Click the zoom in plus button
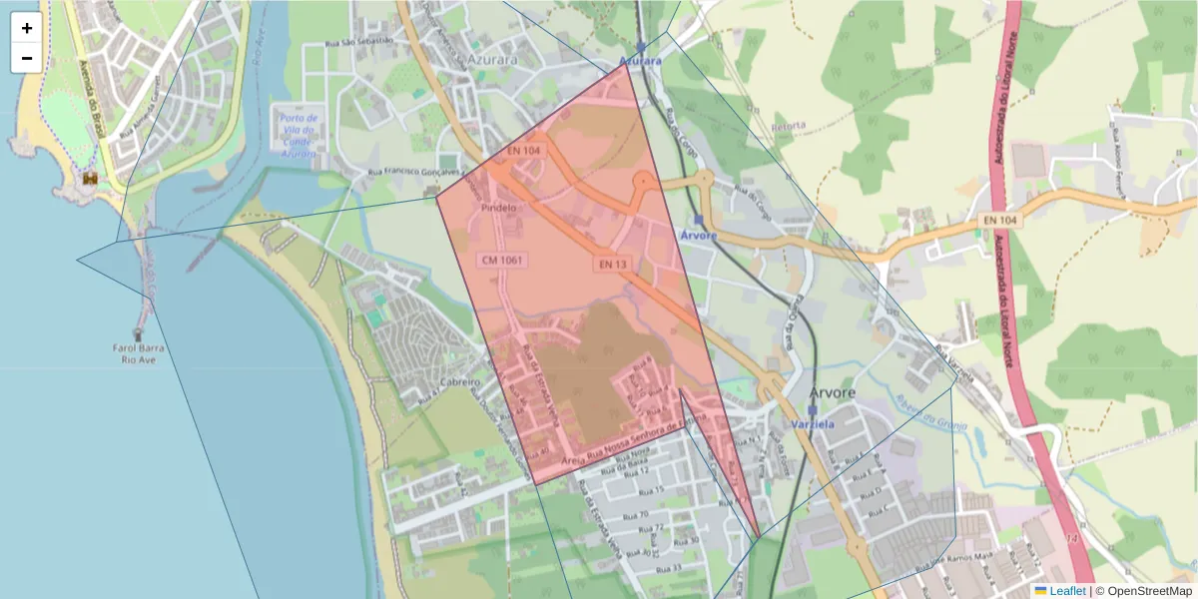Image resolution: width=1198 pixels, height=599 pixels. pyautogui.click(x=27, y=28)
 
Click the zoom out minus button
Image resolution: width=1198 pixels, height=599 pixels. pyautogui.click(x=27, y=58)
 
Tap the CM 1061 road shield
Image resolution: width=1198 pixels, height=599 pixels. pyautogui.click(x=503, y=260)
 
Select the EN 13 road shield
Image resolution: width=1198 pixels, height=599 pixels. pyautogui.click(x=613, y=264)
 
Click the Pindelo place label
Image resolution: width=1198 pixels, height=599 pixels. pyautogui.click(x=499, y=208)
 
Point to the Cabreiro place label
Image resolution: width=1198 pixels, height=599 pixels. pyautogui.click(x=460, y=382)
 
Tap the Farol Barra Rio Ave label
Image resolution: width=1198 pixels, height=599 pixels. pyautogui.click(x=138, y=353)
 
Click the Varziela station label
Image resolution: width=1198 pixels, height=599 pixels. pyautogui.click(x=813, y=424)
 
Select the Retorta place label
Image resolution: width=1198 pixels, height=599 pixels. pyautogui.click(x=789, y=126)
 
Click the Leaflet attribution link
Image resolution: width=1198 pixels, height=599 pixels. pyautogui.click(x=1067, y=591)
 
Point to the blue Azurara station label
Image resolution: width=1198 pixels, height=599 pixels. pyautogui.click(x=640, y=62)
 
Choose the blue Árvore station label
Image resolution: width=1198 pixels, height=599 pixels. pyautogui.click(x=698, y=236)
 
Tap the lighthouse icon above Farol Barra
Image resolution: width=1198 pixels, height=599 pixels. pyautogui.click(x=138, y=334)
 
